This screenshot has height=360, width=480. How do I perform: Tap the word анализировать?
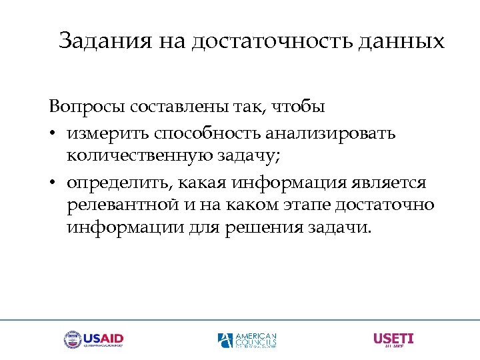pos(330,133)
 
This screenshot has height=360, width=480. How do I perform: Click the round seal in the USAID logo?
pos(72,340)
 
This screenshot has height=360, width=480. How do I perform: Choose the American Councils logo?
pos(247,340)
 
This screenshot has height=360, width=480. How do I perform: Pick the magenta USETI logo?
pos(393,339)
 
